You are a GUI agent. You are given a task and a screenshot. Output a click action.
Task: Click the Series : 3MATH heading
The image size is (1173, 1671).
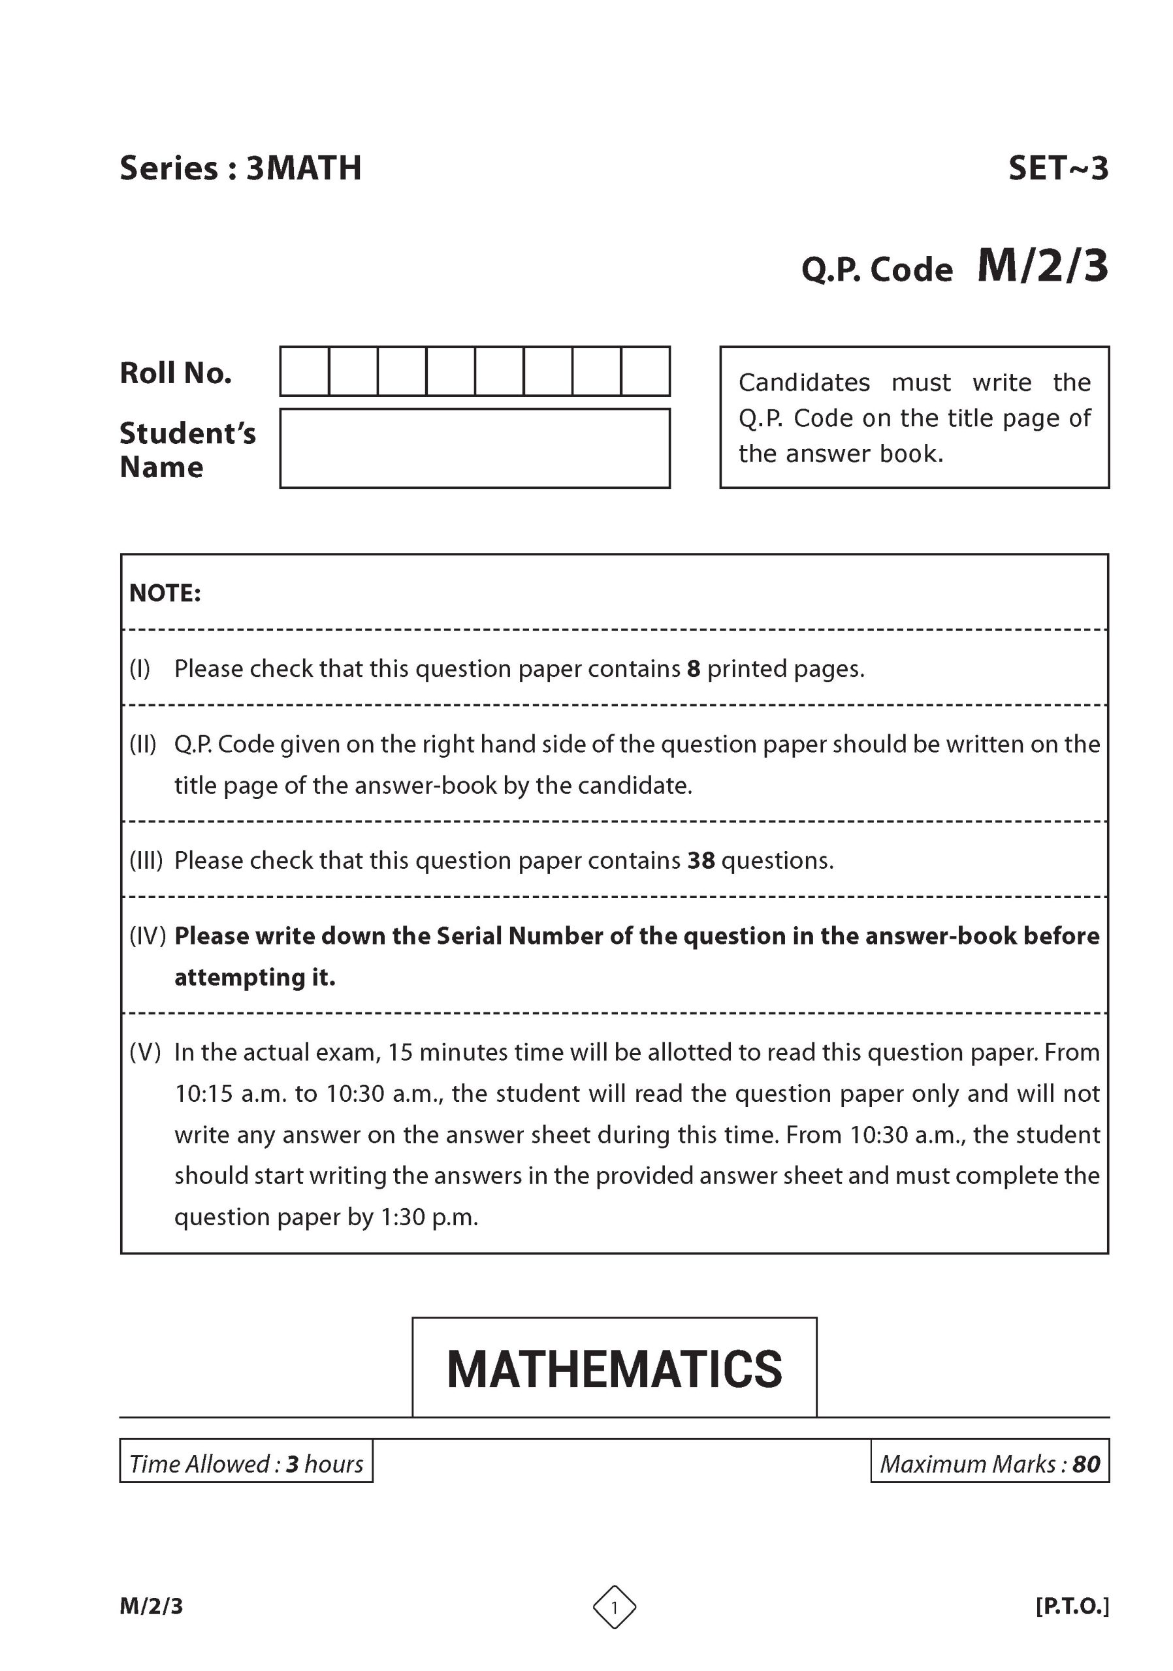pos(240,168)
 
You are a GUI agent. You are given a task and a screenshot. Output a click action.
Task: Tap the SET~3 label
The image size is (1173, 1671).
pos(1057,168)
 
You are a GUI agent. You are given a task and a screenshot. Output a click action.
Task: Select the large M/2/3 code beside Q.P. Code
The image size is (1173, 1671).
pos(1042,266)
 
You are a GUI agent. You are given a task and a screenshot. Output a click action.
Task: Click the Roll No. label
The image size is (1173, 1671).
pos(176,373)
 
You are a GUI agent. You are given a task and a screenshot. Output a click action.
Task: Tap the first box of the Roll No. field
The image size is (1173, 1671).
pos(304,371)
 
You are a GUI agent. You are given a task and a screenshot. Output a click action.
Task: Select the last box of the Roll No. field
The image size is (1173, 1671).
pos(645,371)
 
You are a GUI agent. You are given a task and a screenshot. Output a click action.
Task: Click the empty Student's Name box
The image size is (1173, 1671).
pos(475,448)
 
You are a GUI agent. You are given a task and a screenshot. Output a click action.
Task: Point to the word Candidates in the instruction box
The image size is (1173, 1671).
pos(804,382)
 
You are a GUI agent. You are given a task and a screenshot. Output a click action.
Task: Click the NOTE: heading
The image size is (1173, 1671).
pos(165,593)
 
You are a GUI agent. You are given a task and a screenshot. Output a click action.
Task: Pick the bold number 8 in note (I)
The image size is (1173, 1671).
pos(693,668)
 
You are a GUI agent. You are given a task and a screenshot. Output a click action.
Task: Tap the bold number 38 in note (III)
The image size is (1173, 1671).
pos(700,860)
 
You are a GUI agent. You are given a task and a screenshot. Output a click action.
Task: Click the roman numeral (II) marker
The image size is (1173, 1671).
pos(143,744)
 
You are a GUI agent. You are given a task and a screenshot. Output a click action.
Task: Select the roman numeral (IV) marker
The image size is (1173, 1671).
pos(147,935)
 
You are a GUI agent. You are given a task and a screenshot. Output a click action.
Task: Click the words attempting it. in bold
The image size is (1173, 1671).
pos(255,976)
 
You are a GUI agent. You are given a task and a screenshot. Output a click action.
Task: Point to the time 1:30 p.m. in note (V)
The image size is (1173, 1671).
pos(429,1217)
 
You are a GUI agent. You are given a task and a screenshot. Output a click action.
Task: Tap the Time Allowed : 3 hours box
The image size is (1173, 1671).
pos(246,1463)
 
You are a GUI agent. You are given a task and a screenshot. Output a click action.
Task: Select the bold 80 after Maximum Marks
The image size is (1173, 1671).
pos(1085,1463)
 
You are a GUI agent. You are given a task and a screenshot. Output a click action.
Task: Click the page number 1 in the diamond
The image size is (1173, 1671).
pos(614,1607)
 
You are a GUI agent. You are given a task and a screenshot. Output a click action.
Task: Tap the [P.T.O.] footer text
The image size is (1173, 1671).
pos(1072,1606)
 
